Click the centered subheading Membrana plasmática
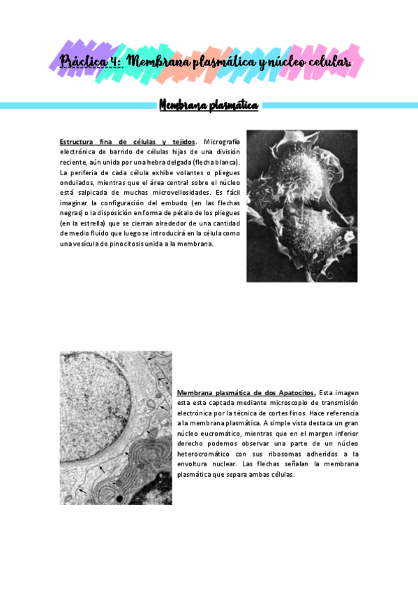coord(209,105)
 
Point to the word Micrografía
coord(221,142)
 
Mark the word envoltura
coord(196,464)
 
